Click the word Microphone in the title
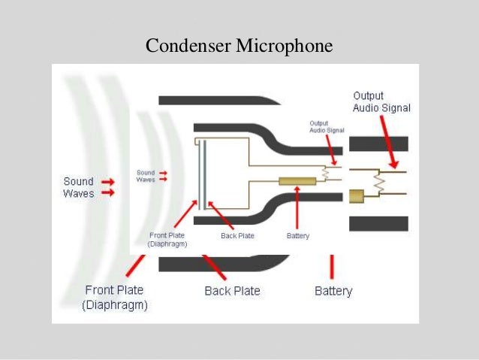(x=285, y=47)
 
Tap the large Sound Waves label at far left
(x=78, y=187)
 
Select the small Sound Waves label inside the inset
(x=146, y=176)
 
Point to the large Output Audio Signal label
(x=381, y=101)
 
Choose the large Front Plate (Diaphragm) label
(x=116, y=298)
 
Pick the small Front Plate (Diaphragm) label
(x=168, y=240)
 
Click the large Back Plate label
(x=232, y=291)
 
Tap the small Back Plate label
(x=237, y=236)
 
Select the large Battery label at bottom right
(x=333, y=291)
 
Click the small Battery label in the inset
(x=298, y=236)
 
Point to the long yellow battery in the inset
(x=297, y=181)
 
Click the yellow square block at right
(x=356, y=196)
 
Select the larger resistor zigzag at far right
(x=380, y=183)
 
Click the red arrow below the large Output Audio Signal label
(x=388, y=143)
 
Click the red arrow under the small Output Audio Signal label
(x=329, y=151)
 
